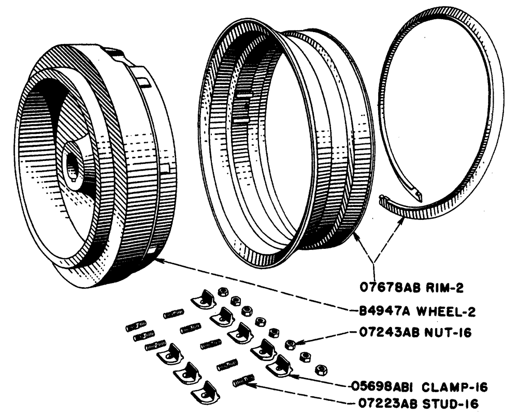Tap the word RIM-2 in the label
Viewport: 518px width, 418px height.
[441, 286]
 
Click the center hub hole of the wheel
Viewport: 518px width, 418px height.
[71, 165]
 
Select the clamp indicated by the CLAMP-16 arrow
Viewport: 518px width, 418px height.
[278, 365]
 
